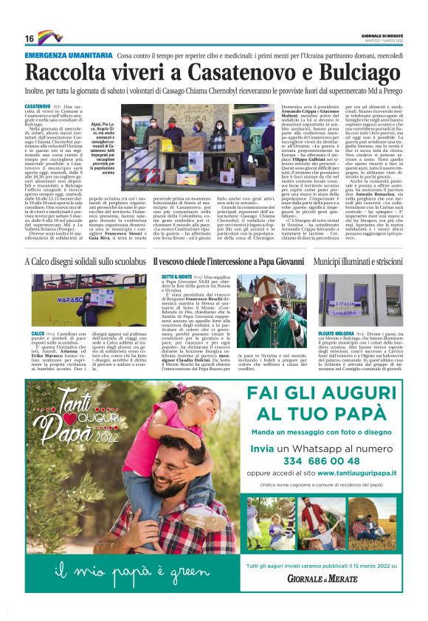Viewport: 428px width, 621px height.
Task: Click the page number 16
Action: [30, 38]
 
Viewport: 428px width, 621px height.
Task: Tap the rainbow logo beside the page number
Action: [50, 37]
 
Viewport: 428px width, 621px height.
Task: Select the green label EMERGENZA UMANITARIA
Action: [67, 56]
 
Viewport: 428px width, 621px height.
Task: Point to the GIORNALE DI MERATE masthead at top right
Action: [382, 35]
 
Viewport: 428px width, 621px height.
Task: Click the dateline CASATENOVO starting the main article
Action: [38, 107]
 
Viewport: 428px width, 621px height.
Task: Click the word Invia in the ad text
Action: [263, 448]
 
